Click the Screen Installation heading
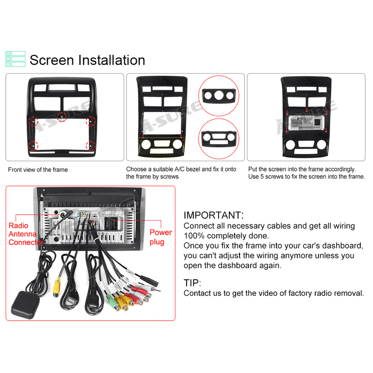click(x=87, y=60)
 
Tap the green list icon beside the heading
click(x=16, y=59)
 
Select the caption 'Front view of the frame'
click(x=38, y=170)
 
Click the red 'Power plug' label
click(x=161, y=237)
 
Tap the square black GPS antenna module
click(x=24, y=305)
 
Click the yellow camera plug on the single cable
click(x=57, y=287)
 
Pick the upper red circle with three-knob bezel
click(x=219, y=96)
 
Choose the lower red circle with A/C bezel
click(x=219, y=139)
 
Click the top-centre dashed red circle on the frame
click(x=62, y=117)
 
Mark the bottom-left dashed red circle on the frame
click(x=33, y=146)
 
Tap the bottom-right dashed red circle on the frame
click(x=91, y=146)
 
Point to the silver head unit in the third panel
click(x=306, y=123)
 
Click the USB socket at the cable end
click(x=72, y=301)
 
